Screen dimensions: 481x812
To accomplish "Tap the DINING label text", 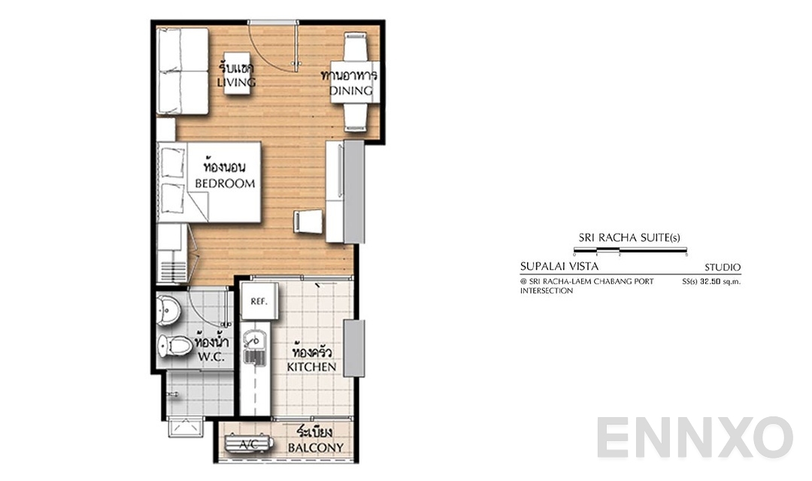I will (351, 91).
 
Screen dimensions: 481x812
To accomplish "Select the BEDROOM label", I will (225, 183).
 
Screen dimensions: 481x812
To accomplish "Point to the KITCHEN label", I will (311, 367).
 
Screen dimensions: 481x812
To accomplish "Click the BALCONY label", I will (316, 448).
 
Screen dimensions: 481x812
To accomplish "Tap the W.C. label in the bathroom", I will (212, 359).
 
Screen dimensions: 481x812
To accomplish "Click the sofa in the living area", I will (183, 71).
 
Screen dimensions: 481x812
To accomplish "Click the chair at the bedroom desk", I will (308, 222).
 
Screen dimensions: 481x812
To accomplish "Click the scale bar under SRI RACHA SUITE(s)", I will (630, 250).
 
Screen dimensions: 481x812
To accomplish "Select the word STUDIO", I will (723, 268).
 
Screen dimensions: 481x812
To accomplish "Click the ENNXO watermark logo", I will (695, 438).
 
